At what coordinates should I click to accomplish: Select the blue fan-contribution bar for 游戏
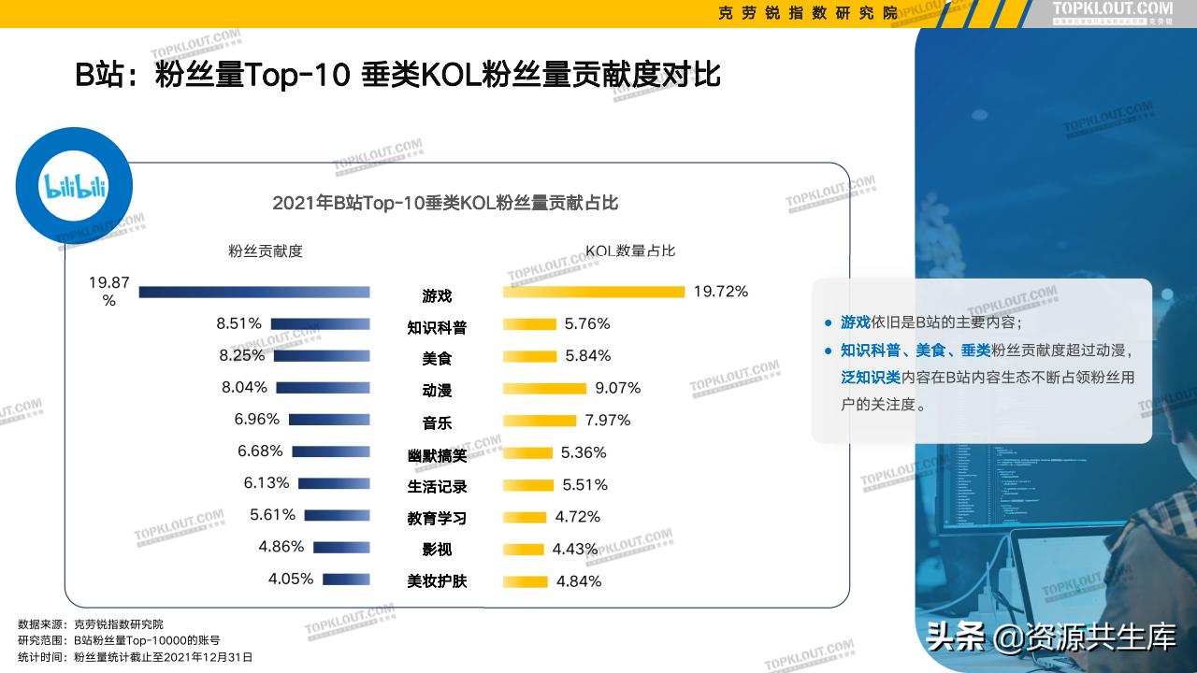254,292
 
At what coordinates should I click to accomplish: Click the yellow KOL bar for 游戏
594,292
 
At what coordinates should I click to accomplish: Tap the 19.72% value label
720,292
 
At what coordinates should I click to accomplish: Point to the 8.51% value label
238,323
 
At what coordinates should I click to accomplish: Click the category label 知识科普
437,327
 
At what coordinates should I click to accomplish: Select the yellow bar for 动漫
544,388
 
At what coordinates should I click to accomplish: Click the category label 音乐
437,422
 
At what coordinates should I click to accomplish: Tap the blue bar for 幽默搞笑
331,451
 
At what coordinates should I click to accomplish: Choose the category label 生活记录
437,486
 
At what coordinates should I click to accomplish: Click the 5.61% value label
272,515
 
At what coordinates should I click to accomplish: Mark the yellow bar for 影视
524,549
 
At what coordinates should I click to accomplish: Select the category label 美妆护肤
437,581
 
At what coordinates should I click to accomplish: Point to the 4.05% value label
290,579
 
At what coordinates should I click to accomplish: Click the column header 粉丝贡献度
266,251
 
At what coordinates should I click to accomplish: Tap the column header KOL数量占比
630,251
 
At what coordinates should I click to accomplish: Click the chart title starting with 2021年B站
445,203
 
